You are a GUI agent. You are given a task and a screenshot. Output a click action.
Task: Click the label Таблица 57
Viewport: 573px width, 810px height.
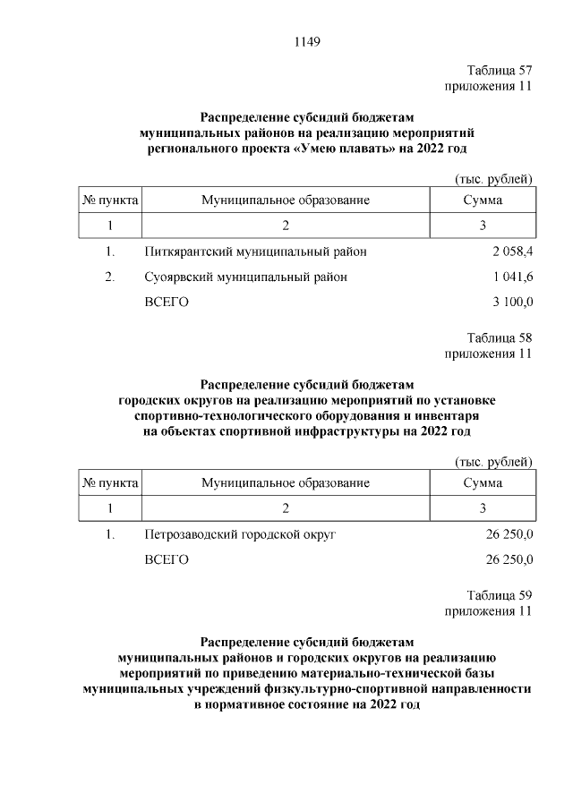(500, 71)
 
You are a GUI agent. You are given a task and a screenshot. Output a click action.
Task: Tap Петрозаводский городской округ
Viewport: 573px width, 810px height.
(240, 534)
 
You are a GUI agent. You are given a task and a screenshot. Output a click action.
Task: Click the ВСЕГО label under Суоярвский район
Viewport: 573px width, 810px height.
(167, 303)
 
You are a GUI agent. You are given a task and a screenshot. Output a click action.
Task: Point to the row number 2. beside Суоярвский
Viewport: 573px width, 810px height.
(110, 277)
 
